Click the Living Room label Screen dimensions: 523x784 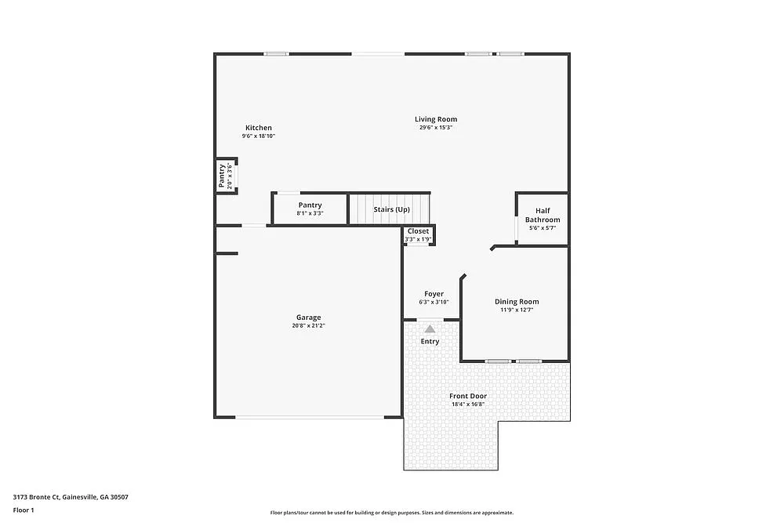(x=436, y=119)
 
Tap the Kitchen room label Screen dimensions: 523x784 (x=259, y=128)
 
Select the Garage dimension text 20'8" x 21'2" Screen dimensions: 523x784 (x=309, y=325)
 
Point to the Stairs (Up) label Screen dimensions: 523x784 (x=391, y=209)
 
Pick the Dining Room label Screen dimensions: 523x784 (x=517, y=301)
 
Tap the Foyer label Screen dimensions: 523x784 (x=434, y=294)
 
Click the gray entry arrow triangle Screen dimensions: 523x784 (x=430, y=329)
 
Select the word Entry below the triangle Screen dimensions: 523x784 (x=430, y=341)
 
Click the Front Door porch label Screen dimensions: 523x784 (x=468, y=396)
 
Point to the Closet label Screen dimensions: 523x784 (x=418, y=231)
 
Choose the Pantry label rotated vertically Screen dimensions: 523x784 (x=222, y=176)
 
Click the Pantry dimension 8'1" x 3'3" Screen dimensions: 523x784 (x=310, y=213)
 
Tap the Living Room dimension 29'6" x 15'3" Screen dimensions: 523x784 (x=436, y=128)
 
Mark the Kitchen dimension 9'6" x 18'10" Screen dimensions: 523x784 (x=259, y=136)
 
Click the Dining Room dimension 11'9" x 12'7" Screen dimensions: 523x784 (x=517, y=310)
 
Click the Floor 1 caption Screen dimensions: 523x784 (x=24, y=510)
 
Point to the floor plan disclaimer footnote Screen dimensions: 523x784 (x=392, y=512)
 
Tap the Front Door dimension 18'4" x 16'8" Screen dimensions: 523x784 (x=468, y=405)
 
